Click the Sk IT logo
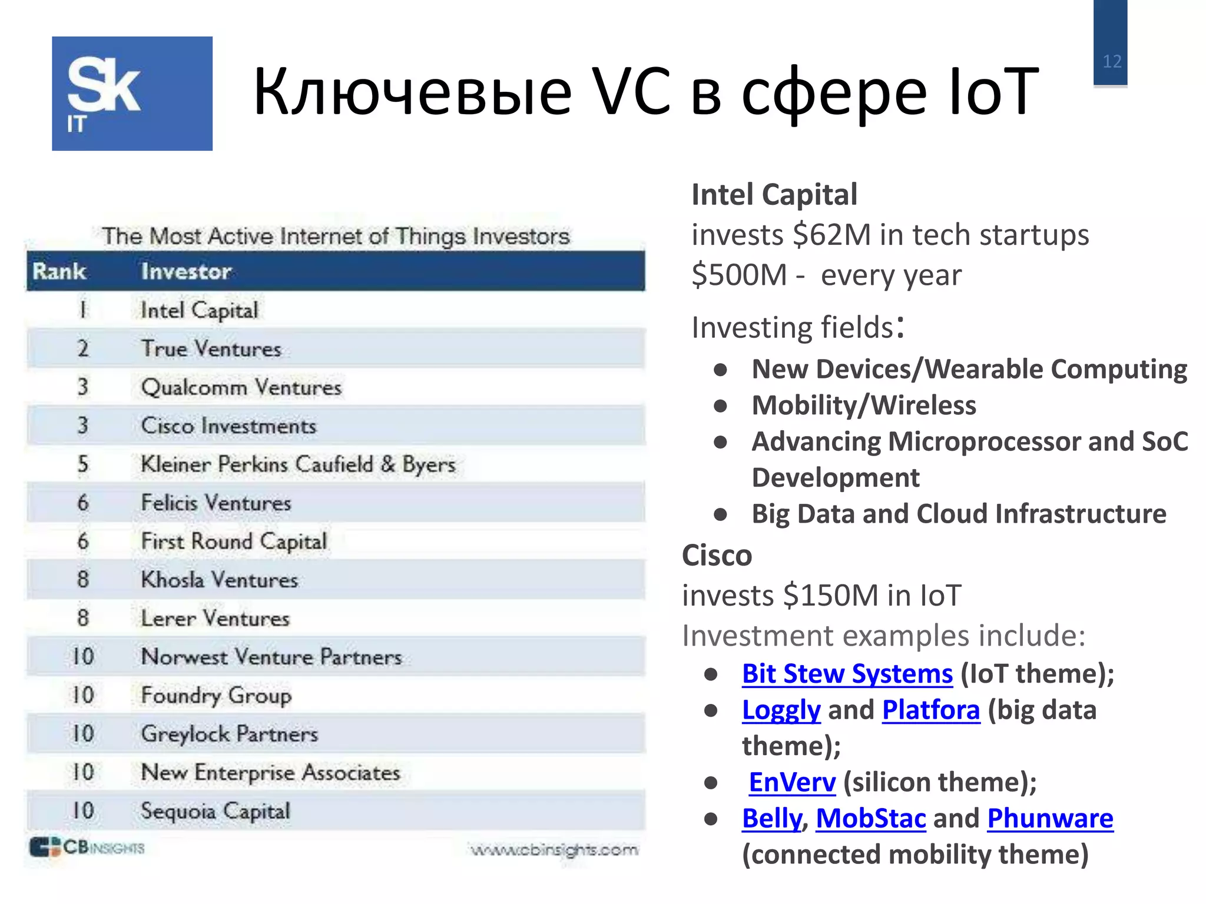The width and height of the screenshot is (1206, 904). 132,94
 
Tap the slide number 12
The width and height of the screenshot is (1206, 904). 1112,61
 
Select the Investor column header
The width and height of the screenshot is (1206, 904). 186,271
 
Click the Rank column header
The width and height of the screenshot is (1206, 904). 59,271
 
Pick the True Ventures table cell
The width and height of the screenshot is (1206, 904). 211,348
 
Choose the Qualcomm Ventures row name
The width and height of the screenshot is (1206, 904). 241,387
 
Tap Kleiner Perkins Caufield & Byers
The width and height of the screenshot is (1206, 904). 298,464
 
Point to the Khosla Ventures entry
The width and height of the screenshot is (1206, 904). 219,580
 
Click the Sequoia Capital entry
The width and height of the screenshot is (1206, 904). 216,811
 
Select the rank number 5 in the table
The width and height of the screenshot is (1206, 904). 83,464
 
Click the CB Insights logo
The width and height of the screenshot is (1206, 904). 87,847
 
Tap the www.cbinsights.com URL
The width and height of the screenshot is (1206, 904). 554,850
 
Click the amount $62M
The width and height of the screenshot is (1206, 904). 831,235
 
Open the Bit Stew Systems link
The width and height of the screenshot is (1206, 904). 847,674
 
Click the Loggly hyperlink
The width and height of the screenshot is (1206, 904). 781,710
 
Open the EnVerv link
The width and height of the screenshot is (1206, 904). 792,782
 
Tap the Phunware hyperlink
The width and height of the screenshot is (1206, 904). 1050,819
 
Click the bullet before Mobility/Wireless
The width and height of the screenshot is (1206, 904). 720,406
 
